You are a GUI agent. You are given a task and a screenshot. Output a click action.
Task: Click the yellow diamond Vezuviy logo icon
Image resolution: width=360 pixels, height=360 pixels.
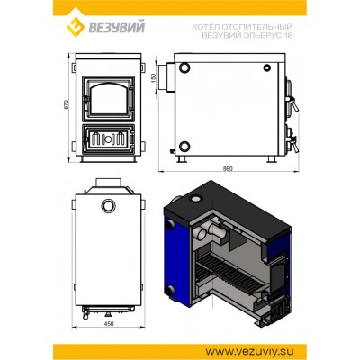pos(76,26)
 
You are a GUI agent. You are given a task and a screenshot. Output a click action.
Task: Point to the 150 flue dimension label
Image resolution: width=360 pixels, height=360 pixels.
pos(155,78)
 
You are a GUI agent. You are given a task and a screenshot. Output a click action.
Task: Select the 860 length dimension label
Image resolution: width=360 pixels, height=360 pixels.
pos(228,169)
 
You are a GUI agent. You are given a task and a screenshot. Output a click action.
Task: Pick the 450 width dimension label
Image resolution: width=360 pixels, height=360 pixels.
pos(109,324)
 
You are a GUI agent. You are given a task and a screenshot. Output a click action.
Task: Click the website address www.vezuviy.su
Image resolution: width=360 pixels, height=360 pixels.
pos(249,351)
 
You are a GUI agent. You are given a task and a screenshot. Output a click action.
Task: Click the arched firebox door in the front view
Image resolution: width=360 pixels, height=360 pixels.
pos(109,98)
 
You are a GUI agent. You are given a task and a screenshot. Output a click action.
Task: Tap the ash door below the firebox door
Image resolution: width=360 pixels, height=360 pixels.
pos(109,139)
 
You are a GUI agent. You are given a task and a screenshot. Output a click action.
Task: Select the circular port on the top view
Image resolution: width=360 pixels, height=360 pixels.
pos(109,206)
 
